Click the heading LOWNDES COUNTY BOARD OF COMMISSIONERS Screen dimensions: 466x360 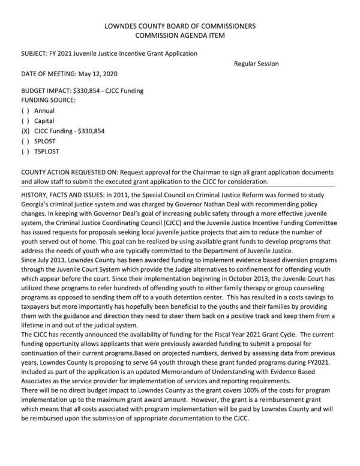click(180, 26)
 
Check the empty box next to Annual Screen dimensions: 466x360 click(25, 111)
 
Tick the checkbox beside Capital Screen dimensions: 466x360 click(25, 121)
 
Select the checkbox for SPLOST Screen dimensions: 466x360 click(25, 141)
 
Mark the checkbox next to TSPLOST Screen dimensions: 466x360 click(25, 151)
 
